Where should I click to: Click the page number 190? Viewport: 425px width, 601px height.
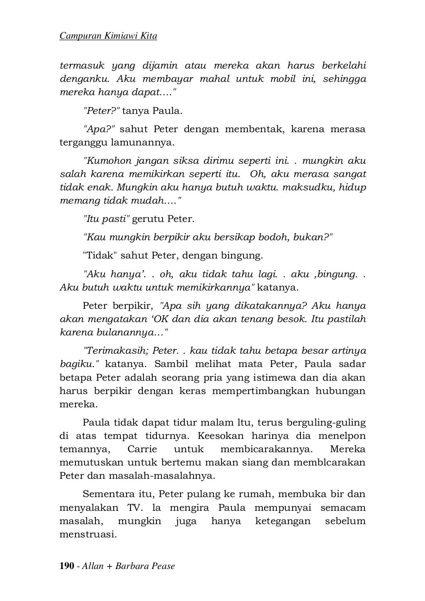click(x=67, y=566)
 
